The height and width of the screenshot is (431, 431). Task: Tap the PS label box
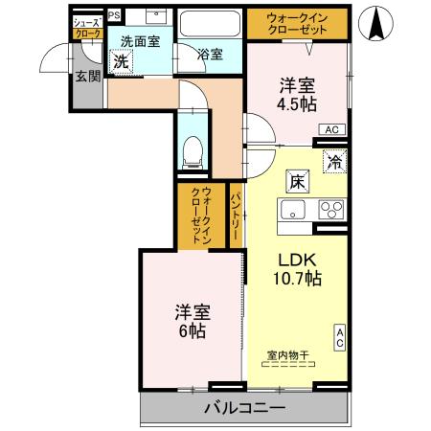[114, 15]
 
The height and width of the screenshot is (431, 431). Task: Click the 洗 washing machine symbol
[121, 61]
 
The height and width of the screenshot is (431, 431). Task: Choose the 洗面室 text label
[140, 41]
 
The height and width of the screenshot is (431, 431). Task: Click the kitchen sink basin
[291, 211]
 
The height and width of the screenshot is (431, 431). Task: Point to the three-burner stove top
[331, 211]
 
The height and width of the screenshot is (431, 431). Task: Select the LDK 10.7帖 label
[299, 268]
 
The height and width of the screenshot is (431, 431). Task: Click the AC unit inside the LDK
[340, 337]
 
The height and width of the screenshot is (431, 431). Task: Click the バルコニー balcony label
[243, 408]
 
